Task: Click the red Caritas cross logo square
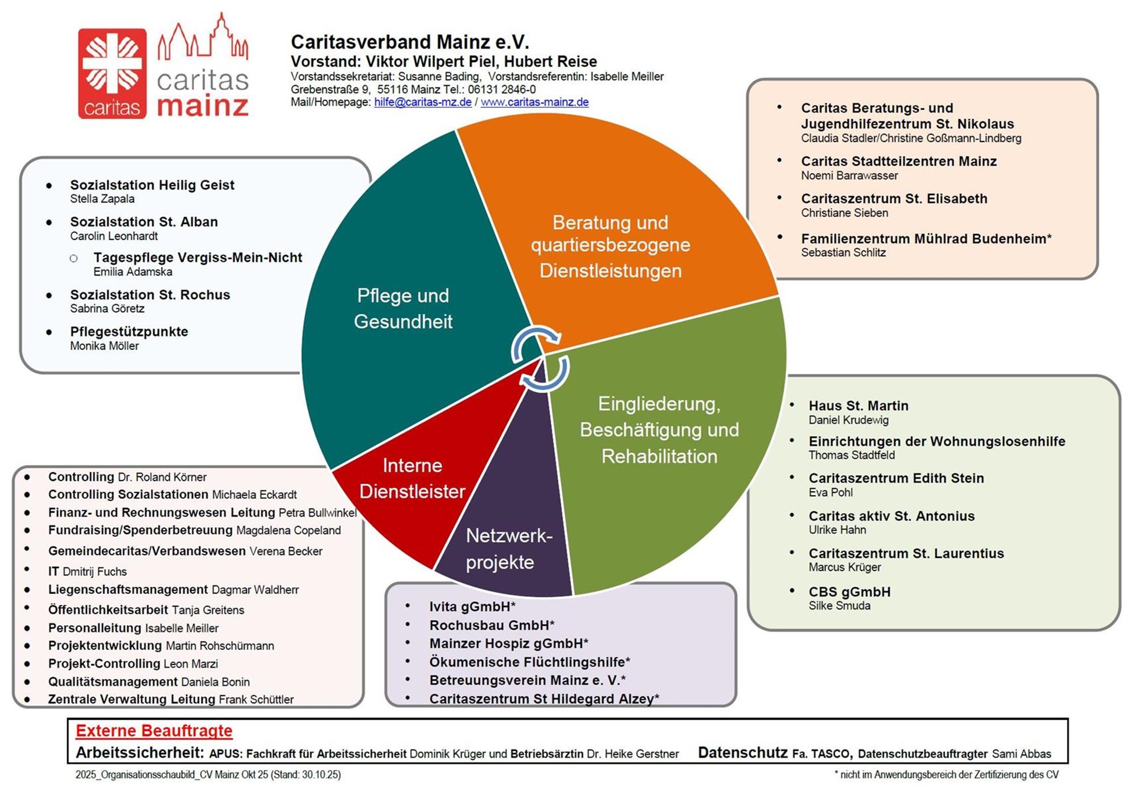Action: click(x=112, y=73)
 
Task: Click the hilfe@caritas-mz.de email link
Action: click(x=423, y=102)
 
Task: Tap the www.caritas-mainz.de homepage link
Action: click(x=534, y=102)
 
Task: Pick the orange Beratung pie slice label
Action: click(x=610, y=246)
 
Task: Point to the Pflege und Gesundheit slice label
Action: click(x=403, y=308)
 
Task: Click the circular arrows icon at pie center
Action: click(x=540, y=359)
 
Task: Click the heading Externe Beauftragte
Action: click(x=154, y=730)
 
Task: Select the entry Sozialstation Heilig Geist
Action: click(x=152, y=185)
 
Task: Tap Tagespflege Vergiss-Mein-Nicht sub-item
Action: click(x=197, y=258)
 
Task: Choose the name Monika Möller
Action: click(x=104, y=346)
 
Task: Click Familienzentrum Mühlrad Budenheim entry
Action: click(x=926, y=239)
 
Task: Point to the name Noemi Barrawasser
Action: click(x=849, y=175)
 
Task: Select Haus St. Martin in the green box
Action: click(x=858, y=406)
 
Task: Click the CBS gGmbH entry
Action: click(x=849, y=592)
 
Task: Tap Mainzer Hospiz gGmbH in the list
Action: click(x=509, y=643)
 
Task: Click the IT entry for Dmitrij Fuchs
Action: click(x=87, y=572)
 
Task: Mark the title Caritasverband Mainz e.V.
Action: click(x=410, y=42)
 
